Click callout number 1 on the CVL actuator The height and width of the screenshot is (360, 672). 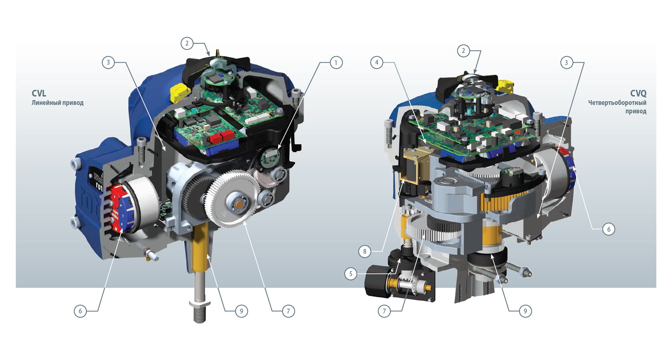click(336, 63)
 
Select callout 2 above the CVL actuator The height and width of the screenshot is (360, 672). click(187, 44)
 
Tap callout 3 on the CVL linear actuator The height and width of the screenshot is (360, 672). click(108, 62)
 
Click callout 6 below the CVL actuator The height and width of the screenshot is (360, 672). click(80, 311)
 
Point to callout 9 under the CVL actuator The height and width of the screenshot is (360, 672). click(242, 311)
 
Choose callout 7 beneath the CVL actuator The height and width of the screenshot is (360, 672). click(288, 311)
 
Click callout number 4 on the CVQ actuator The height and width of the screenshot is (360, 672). click(377, 62)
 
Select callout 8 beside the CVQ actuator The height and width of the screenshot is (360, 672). click(365, 251)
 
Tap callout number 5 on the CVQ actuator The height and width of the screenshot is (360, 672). click(351, 274)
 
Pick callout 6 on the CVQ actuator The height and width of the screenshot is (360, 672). click(609, 229)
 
